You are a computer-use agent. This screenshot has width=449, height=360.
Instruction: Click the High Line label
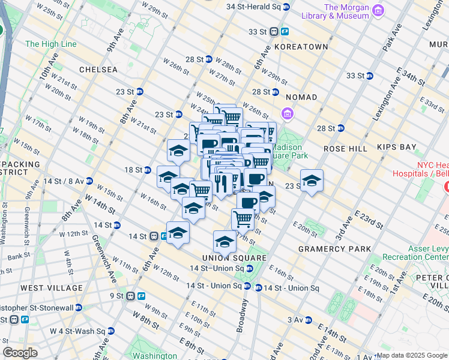(x=51, y=44)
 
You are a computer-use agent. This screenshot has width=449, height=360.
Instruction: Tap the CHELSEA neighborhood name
(x=98, y=70)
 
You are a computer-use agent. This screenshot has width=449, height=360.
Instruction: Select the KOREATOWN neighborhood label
(x=301, y=46)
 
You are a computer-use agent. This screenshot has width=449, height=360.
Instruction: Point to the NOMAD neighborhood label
(x=301, y=97)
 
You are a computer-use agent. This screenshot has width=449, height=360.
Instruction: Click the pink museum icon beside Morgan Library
(x=378, y=10)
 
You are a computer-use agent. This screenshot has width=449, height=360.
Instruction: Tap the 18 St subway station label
(x=133, y=170)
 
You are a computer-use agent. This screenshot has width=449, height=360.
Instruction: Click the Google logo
(x=20, y=353)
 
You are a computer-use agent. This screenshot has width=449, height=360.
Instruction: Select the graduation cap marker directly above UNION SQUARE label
(x=224, y=241)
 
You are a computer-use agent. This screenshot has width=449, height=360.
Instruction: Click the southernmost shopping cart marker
(x=243, y=219)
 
